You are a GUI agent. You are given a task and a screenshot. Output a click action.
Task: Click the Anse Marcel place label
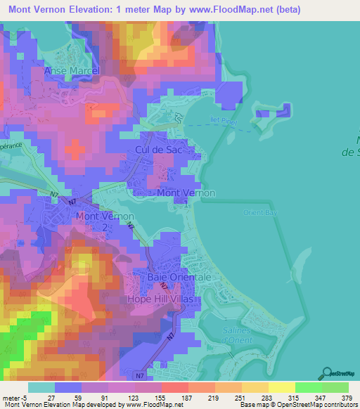tap(72, 71)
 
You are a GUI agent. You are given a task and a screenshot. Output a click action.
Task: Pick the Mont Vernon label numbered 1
tap(186, 197)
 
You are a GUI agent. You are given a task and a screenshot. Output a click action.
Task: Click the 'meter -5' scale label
tap(13, 398)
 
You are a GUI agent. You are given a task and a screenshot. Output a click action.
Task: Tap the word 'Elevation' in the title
tap(96, 10)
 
